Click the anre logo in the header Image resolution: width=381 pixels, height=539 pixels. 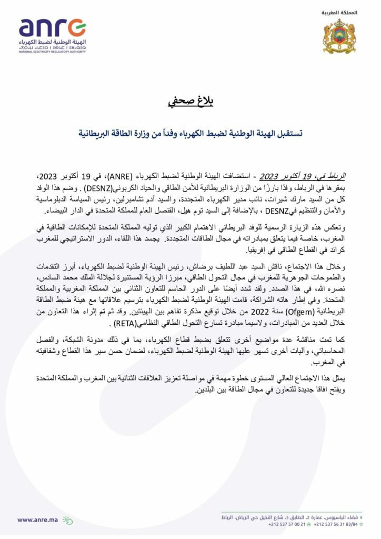52,28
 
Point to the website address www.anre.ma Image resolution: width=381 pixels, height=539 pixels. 38,519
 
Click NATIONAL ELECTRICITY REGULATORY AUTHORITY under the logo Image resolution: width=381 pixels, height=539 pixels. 52,52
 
